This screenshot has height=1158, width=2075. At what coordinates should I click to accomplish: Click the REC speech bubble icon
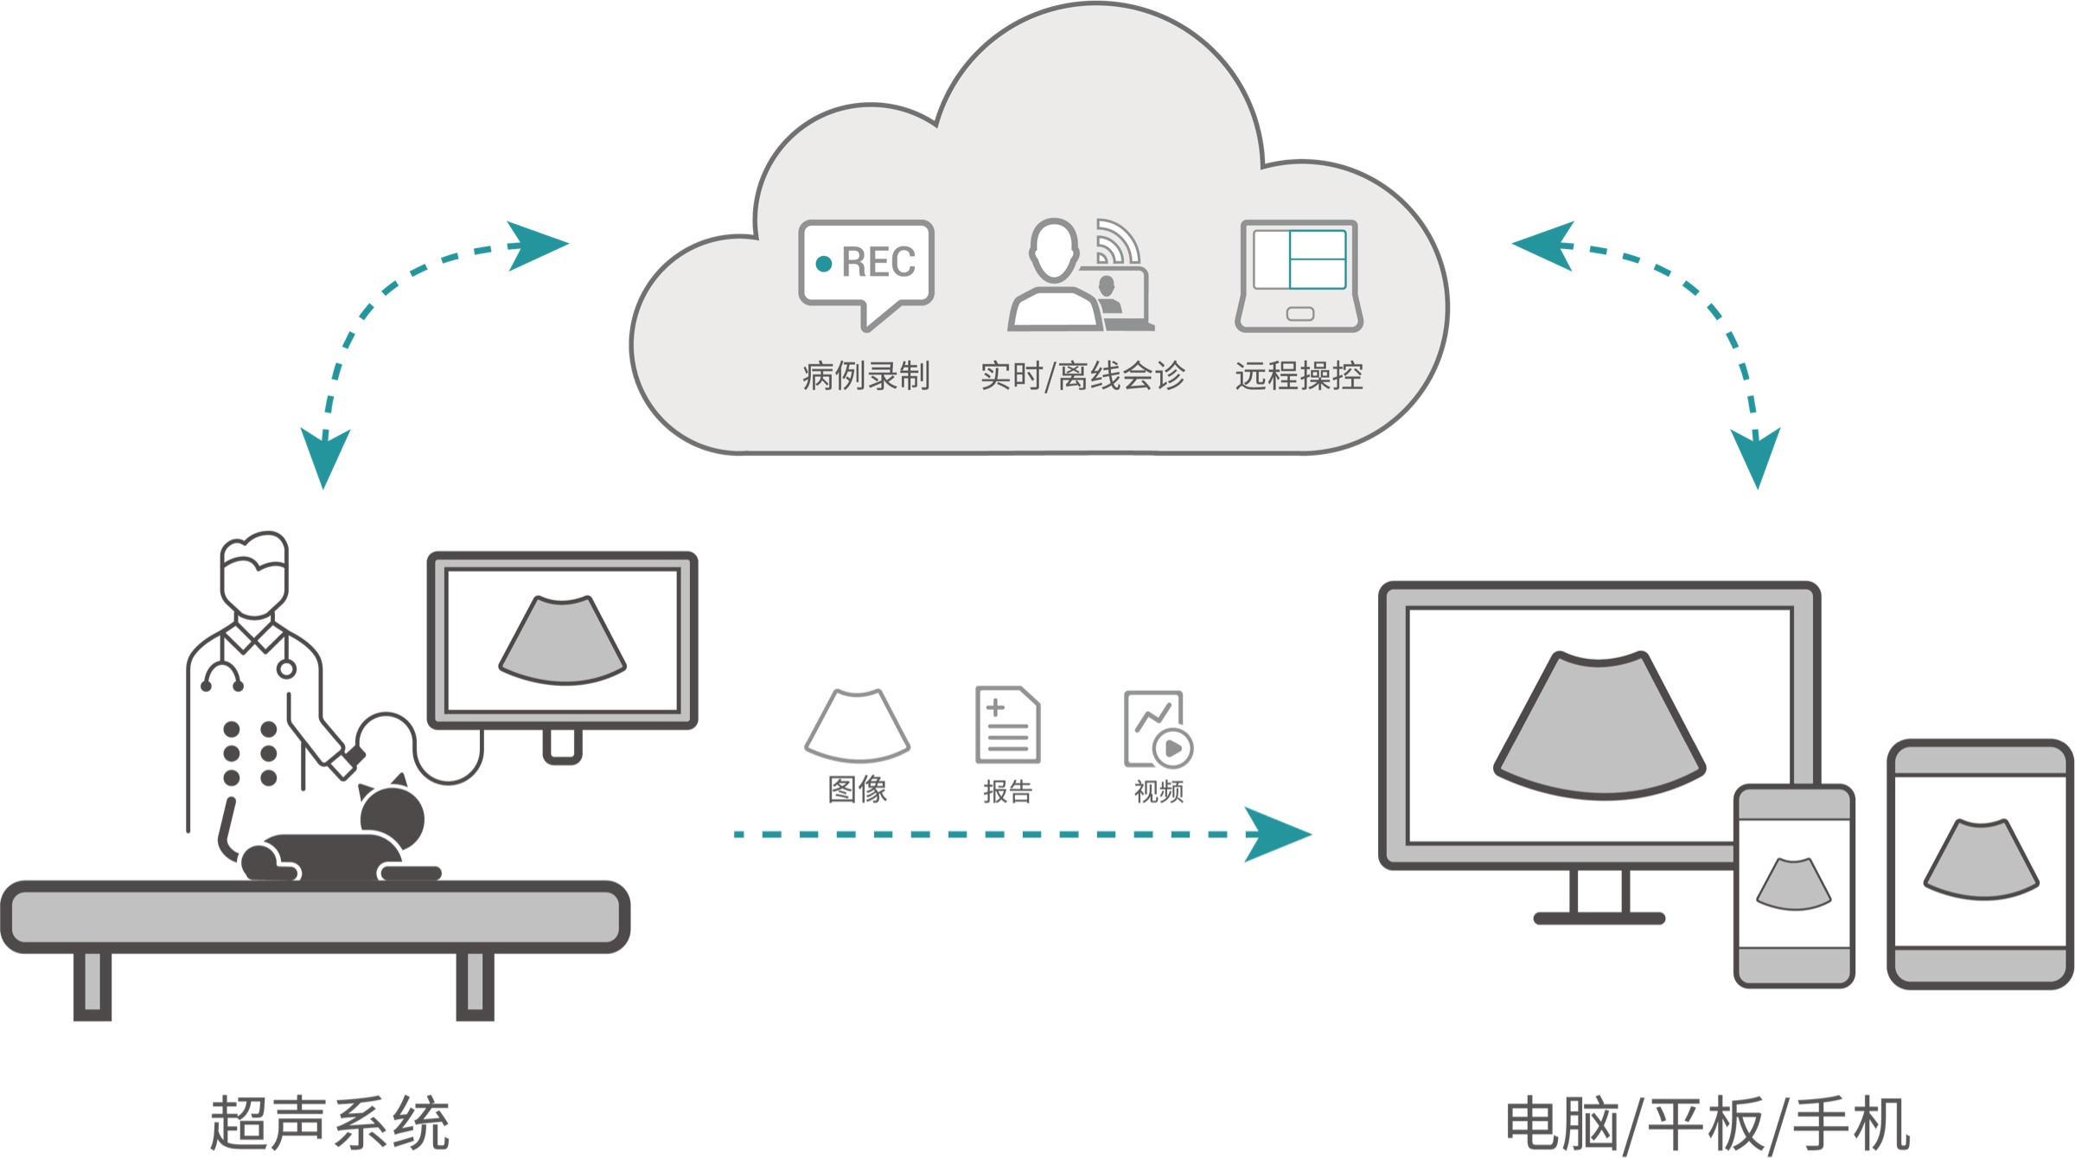click(x=866, y=268)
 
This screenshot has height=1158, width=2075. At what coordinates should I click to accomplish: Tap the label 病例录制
click(x=866, y=376)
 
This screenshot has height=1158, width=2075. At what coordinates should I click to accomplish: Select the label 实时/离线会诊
click(x=1082, y=376)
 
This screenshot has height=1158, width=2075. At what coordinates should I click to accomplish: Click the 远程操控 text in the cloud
click(x=1299, y=376)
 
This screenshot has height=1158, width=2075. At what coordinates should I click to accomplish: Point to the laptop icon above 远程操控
click(x=1299, y=275)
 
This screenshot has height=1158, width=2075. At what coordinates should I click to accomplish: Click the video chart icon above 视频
click(x=1157, y=727)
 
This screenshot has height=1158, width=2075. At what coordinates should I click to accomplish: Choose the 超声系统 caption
click(x=329, y=1123)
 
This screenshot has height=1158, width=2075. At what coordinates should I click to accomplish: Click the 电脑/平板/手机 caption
click(x=1708, y=1123)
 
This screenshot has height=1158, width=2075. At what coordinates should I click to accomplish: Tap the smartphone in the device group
click(x=1794, y=886)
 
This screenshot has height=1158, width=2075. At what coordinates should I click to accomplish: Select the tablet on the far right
click(x=1980, y=864)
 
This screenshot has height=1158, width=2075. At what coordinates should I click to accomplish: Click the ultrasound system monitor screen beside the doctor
click(x=563, y=640)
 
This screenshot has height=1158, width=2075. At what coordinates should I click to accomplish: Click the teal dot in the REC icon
click(x=824, y=263)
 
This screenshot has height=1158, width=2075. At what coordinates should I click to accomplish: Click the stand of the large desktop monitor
click(x=1599, y=899)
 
